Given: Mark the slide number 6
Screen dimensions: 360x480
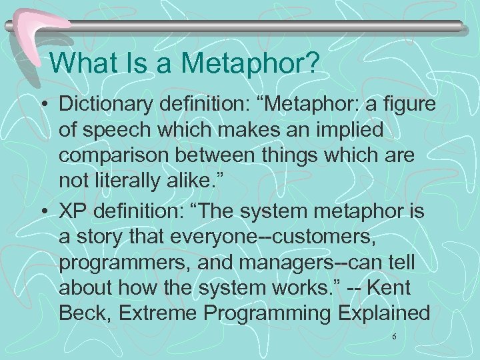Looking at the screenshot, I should coord(394,338).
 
